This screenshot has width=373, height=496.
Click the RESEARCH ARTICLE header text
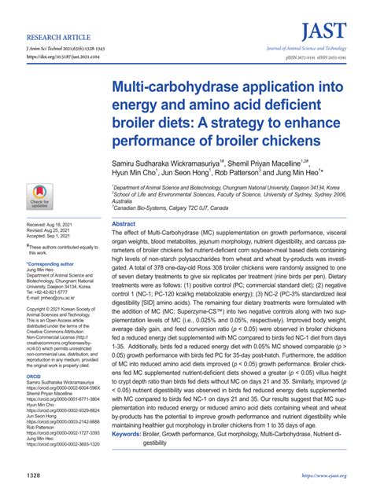(x=58, y=37)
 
